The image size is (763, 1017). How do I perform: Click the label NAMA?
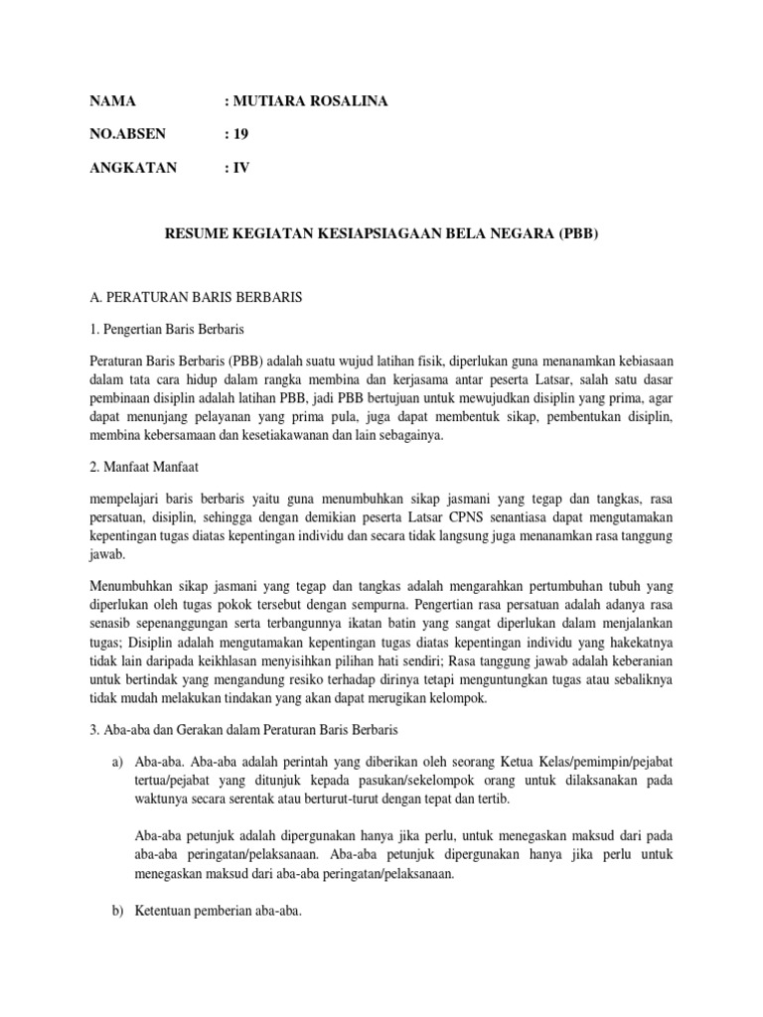[x=111, y=102]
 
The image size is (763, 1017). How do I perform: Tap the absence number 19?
[x=241, y=135]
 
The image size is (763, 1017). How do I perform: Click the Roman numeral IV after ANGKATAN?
[x=241, y=168]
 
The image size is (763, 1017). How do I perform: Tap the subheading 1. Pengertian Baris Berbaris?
[x=167, y=329]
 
